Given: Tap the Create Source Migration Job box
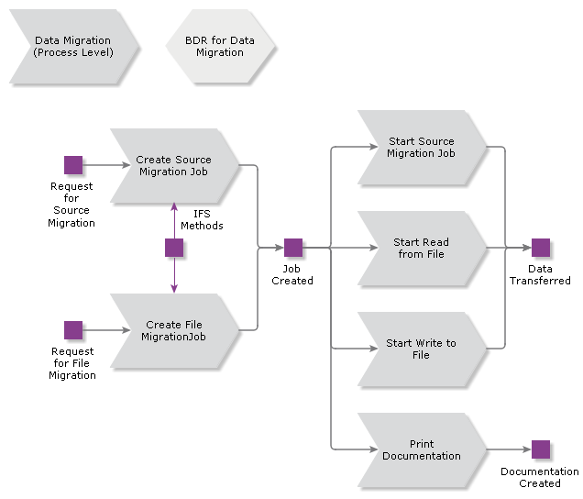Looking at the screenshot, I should pyautogui.click(x=172, y=165).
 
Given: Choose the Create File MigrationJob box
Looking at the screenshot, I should pyautogui.click(x=172, y=330).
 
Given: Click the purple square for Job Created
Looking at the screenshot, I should pyautogui.click(x=293, y=248).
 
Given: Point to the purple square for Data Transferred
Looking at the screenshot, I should pyautogui.click(x=541, y=248).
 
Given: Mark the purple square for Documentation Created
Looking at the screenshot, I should pyautogui.click(x=541, y=449).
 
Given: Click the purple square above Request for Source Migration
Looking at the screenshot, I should pyautogui.click(x=73, y=165).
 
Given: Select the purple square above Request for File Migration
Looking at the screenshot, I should pyautogui.click(x=73, y=330).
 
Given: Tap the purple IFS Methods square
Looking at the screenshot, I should pyautogui.click(x=174, y=248).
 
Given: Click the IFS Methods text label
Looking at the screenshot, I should pyautogui.click(x=202, y=219).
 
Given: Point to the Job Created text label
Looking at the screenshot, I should pyautogui.click(x=292, y=274).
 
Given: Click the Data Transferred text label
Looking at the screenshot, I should pyautogui.click(x=540, y=274).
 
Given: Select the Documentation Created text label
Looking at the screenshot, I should pyautogui.click(x=540, y=477).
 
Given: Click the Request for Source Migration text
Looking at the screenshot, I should pyautogui.click(x=71, y=204).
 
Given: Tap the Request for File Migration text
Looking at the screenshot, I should pyautogui.click(x=72, y=363).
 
